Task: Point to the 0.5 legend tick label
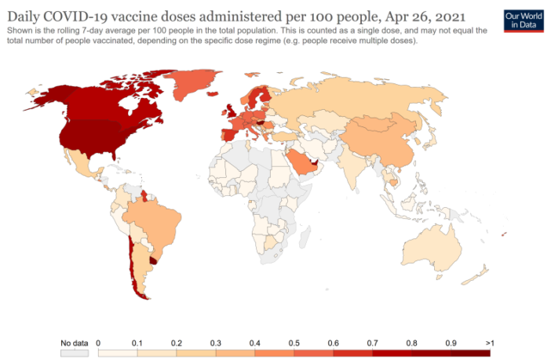(294, 344)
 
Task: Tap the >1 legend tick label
(490, 344)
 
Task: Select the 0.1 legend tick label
(137, 344)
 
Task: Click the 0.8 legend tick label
(412, 344)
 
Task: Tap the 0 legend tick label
(98, 344)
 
